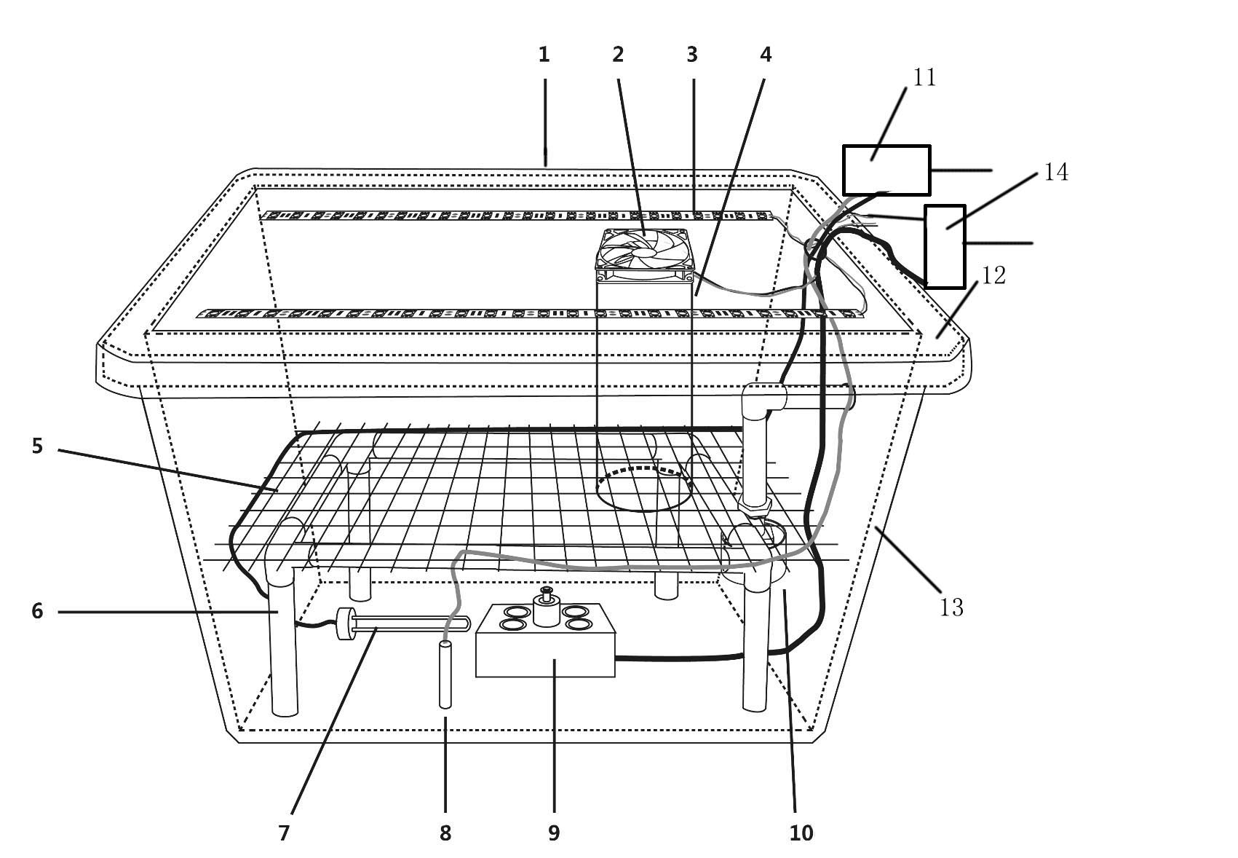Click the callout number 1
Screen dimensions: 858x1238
[544, 54]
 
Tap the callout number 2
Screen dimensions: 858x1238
[618, 54]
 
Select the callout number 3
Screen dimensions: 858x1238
[692, 54]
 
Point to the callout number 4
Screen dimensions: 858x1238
[765, 54]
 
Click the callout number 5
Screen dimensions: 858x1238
[38, 446]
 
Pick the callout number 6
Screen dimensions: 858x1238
[38, 610]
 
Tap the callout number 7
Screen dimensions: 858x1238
[285, 833]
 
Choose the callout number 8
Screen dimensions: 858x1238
[445, 833]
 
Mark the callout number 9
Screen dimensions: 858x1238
[554, 833]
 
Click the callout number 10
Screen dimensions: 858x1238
[801, 833]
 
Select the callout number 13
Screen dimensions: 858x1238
[951, 607]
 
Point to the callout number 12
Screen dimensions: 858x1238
[993, 275]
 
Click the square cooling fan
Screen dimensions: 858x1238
[645, 255]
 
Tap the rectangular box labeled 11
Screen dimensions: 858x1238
[886, 170]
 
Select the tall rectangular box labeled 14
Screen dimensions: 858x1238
[945, 246]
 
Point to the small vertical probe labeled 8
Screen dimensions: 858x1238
[445, 674]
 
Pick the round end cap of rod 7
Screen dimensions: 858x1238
[344, 623]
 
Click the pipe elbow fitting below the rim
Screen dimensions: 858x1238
[762, 400]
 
